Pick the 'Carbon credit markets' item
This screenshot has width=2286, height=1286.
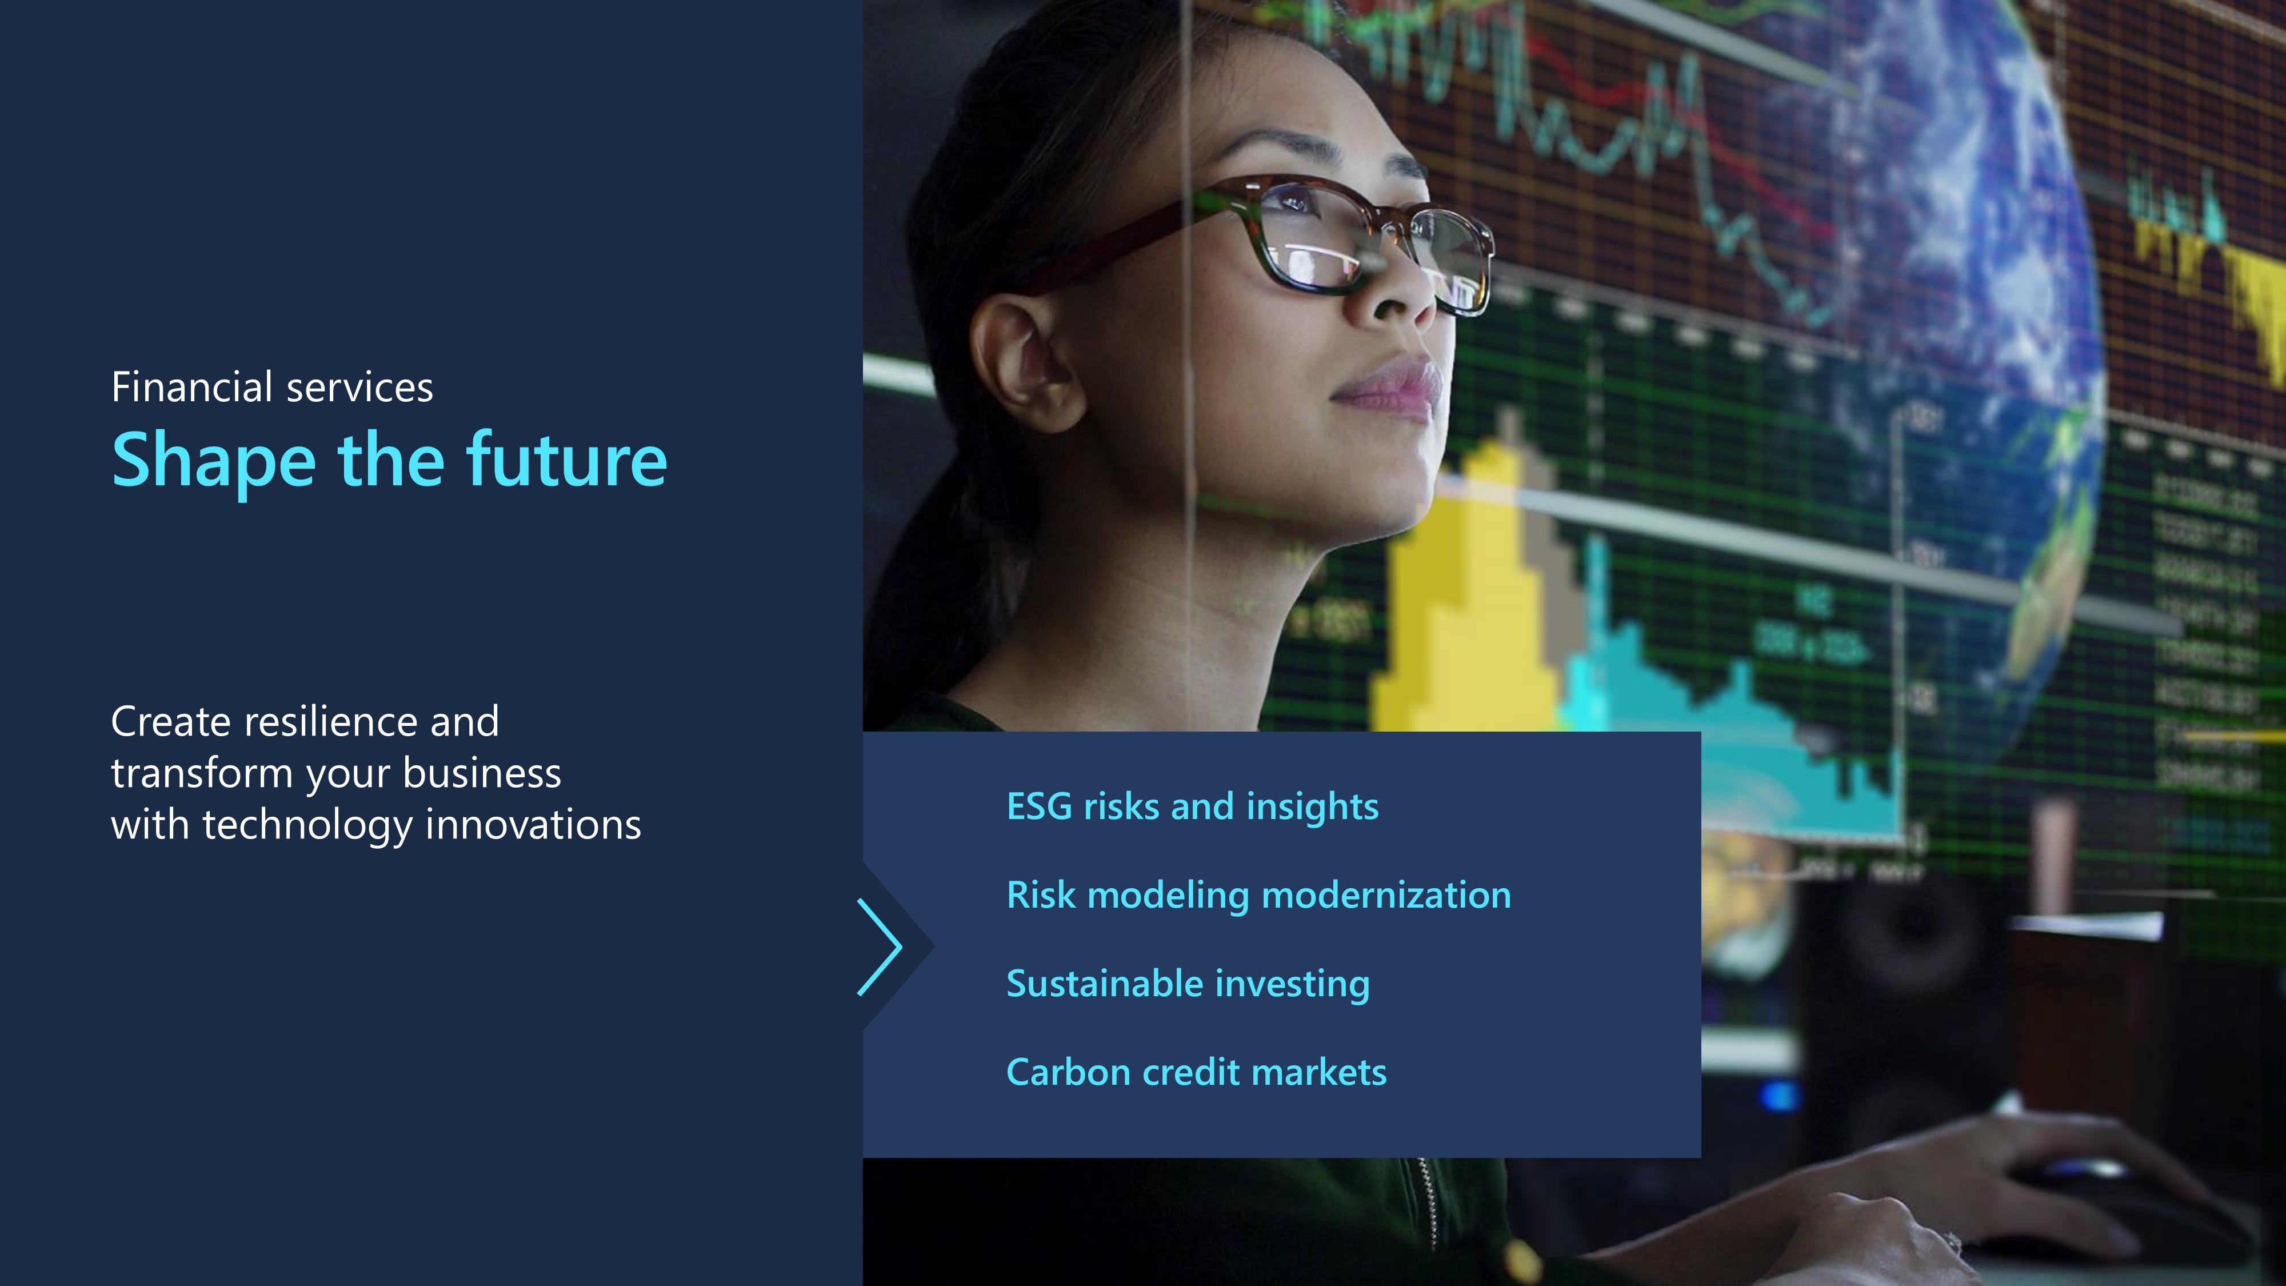[1196, 1072]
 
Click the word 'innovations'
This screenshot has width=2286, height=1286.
[533, 825]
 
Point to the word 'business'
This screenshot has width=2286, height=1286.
[482, 773]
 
